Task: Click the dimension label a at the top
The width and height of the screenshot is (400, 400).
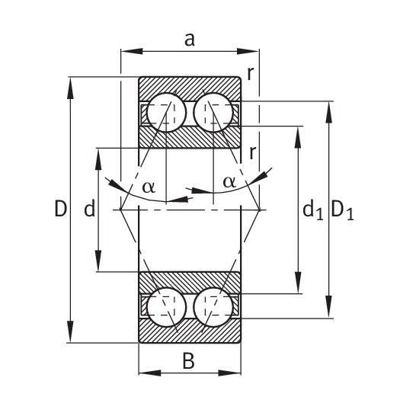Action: [x=190, y=40]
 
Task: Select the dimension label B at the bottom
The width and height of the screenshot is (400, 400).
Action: [x=189, y=361]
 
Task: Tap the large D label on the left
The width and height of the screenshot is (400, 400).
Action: [x=61, y=209]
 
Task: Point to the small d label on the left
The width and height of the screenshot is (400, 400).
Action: [x=90, y=209]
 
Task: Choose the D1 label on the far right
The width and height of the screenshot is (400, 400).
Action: [x=342, y=211]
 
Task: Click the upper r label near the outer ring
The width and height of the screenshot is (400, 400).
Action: [x=251, y=74]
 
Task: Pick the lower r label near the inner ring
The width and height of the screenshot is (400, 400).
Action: [x=252, y=153]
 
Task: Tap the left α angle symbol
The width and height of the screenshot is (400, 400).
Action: [x=149, y=187]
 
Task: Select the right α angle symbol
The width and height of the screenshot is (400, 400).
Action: [x=229, y=182]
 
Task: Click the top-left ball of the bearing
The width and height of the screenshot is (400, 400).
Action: [x=167, y=113]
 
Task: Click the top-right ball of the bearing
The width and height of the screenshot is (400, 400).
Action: [x=213, y=113]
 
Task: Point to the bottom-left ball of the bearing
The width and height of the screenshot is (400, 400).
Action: [x=167, y=307]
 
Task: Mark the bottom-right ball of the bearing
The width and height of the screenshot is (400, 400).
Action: [x=213, y=307]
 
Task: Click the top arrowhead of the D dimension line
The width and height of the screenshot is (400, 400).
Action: [x=70, y=88]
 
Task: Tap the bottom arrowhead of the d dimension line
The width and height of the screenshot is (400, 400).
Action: [x=98, y=261]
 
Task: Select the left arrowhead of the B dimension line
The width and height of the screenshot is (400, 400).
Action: [x=150, y=373]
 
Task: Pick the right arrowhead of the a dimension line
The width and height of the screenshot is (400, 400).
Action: [x=248, y=51]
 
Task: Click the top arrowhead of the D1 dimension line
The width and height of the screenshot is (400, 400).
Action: [x=329, y=112]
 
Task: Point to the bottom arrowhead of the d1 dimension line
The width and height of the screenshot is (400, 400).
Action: [x=298, y=283]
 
